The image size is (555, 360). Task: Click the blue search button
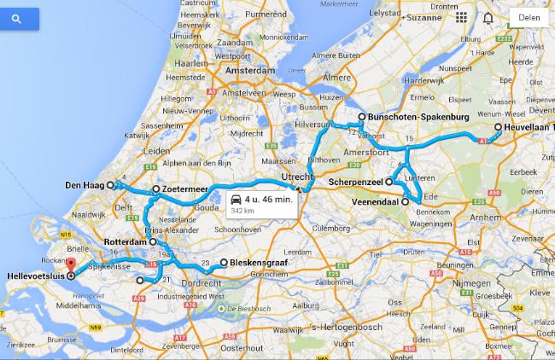[16, 16]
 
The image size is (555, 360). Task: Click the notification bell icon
[488, 17]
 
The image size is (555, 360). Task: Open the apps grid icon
[461, 17]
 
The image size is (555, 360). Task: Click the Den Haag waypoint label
[84, 184]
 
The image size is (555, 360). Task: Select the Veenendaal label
[377, 202]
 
